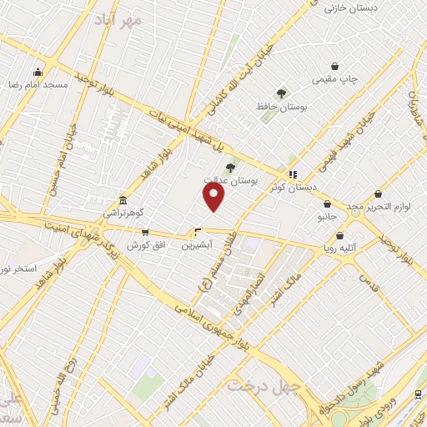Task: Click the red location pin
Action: point(214,196)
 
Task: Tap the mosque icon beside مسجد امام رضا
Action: point(38,72)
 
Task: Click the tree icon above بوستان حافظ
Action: point(280,94)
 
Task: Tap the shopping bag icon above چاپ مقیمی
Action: point(334,66)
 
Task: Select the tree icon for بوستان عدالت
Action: point(230,168)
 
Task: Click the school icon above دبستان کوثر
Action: point(293,174)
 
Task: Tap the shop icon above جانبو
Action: point(327,203)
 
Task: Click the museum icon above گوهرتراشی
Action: point(123,200)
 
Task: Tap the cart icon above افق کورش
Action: point(145,233)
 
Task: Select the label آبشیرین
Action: point(198,246)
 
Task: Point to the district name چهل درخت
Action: point(252,386)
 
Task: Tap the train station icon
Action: point(418,394)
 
